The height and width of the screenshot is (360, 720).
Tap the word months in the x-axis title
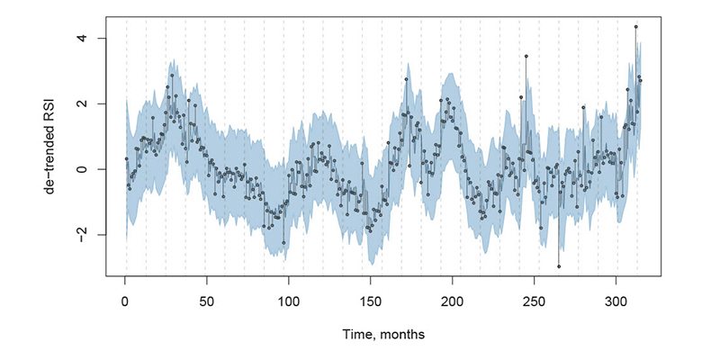[x=401, y=334]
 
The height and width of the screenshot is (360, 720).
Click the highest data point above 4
[x=635, y=27]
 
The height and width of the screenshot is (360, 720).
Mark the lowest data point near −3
[x=558, y=266]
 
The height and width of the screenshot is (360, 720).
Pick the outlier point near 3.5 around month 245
[x=526, y=56]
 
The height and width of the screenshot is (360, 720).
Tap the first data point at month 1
[x=126, y=158]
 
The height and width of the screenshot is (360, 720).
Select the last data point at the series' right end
[x=640, y=81]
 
